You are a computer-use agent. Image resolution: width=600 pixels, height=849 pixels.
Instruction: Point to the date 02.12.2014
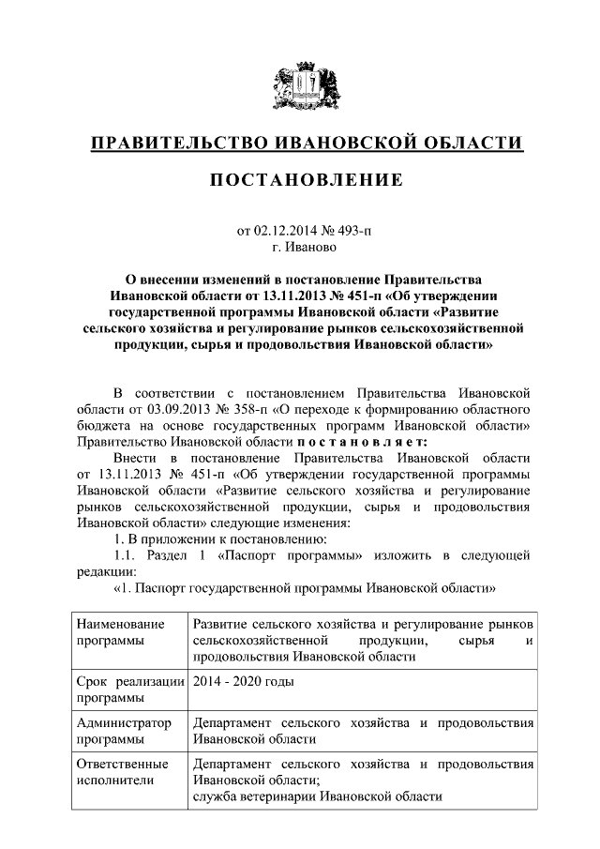(x=285, y=230)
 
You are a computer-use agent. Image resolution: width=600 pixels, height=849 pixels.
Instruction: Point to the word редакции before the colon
(x=105, y=571)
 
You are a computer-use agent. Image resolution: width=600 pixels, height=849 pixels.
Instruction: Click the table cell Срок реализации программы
(x=129, y=690)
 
